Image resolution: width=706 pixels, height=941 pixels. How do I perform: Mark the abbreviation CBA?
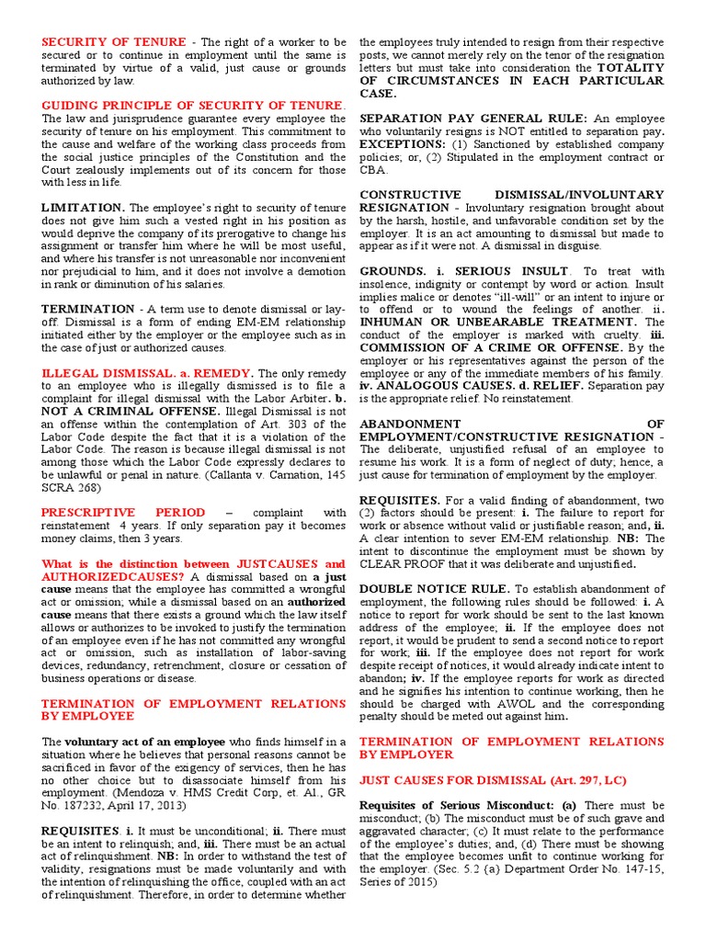pyautogui.click(x=374, y=170)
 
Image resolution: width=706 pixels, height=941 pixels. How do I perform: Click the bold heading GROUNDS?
pyautogui.click(x=392, y=272)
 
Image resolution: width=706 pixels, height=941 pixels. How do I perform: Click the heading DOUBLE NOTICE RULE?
pyautogui.click(x=434, y=588)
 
